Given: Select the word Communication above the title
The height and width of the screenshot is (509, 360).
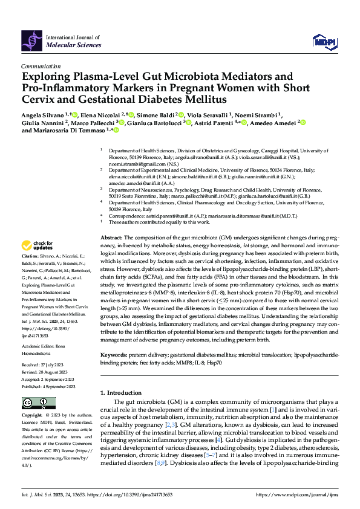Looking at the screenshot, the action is click(x=41, y=66).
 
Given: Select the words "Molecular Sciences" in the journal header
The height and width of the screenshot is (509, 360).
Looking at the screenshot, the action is click(x=68, y=45).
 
